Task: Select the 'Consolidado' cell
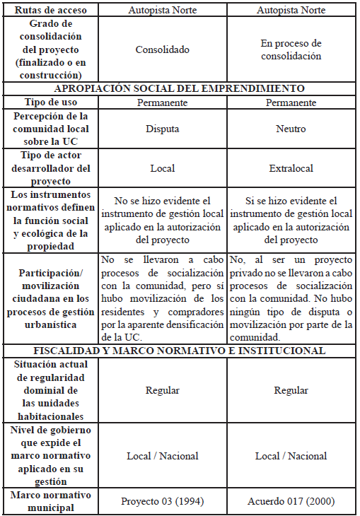[x=163, y=50]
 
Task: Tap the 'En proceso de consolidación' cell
[x=291, y=50]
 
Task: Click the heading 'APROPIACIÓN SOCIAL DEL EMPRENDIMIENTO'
[x=180, y=89]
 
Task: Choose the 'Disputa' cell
[x=163, y=129]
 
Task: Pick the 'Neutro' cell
[x=291, y=129]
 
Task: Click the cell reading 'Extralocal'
[x=291, y=169]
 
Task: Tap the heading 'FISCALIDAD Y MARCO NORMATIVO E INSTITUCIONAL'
[x=180, y=351]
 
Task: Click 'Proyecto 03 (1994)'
[x=163, y=501]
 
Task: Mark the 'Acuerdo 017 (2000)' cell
[x=291, y=501]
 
